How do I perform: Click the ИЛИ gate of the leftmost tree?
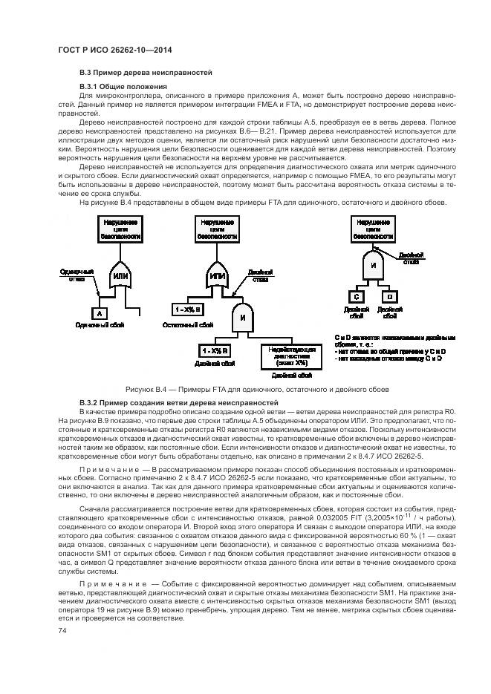120,276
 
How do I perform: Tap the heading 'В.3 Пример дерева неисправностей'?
146,73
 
